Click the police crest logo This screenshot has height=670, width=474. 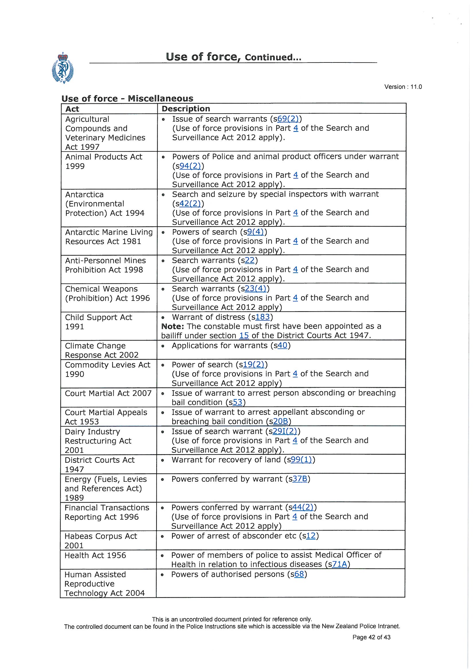click(x=63, y=68)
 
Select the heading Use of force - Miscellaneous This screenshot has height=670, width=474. click(x=127, y=98)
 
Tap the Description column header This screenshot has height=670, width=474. click(x=186, y=109)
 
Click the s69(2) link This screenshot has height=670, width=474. click(x=288, y=119)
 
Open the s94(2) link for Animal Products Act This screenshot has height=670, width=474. click(x=190, y=166)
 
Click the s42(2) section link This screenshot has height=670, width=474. click(x=190, y=203)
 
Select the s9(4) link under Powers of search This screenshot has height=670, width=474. click(x=255, y=232)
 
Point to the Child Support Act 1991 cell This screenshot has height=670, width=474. click(x=98, y=322)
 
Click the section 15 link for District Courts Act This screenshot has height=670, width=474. click(x=244, y=336)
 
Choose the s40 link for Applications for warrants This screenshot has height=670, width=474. click(x=282, y=346)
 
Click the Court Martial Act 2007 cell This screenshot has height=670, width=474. click(x=108, y=393)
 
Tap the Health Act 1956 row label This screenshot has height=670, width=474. click(x=95, y=555)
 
